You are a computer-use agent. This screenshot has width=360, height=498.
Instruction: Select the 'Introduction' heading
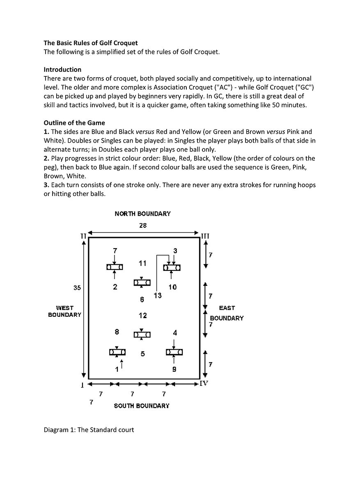tap(62, 69)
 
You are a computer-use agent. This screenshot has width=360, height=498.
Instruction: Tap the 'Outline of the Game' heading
tap(74, 123)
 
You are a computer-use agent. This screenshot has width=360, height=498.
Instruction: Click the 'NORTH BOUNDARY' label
tap(142, 214)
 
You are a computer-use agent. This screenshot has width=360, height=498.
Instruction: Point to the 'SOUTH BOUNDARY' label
tap(142, 406)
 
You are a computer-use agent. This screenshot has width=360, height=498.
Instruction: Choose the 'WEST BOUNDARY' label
tap(64, 311)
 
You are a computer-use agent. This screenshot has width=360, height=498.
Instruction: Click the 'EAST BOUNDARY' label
tap(227, 313)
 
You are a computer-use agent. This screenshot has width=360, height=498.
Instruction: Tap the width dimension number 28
tap(142, 225)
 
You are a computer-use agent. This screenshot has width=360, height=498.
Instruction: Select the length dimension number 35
tap(77, 288)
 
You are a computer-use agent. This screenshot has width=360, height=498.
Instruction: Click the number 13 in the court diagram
tap(158, 295)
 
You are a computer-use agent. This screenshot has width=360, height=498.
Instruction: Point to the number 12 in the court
tap(142, 316)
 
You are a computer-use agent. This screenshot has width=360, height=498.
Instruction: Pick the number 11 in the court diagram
tap(142, 263)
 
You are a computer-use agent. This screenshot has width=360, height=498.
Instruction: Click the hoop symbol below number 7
tap(115, 267)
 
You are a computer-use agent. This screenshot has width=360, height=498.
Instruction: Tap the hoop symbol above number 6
tap(142, 283)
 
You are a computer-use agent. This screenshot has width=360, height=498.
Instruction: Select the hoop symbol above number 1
tap(117, 352)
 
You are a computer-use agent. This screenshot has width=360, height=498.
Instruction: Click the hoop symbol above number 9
tap(174, 352)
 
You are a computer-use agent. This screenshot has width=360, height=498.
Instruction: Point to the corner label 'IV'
tap(204, 383)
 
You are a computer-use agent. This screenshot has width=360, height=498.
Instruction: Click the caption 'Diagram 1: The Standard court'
tap(89, 430)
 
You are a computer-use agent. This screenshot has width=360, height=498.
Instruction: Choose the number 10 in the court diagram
tap(172, 287)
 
